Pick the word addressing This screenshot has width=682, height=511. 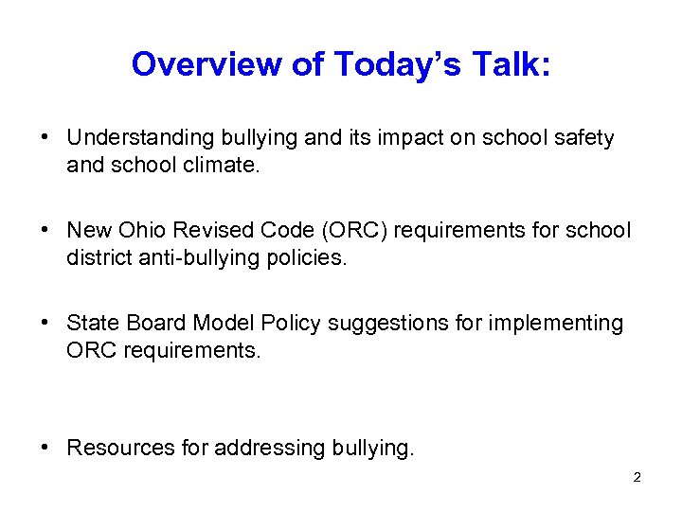coord(260,448)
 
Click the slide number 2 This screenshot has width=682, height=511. coord(637,478)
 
